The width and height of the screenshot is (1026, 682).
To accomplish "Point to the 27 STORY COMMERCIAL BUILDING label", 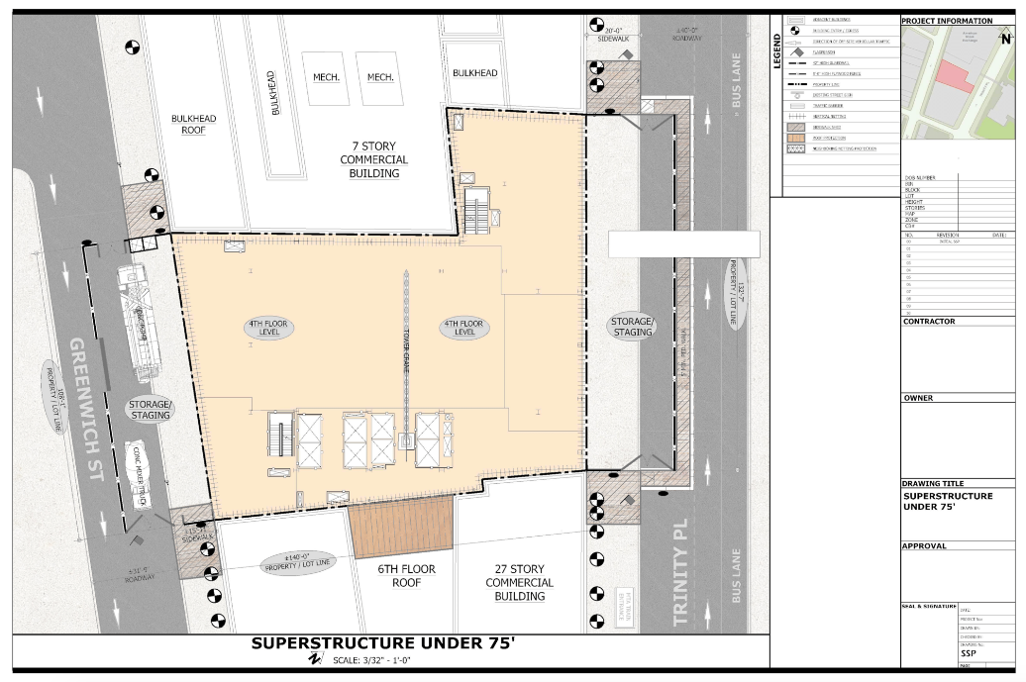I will coord(520,582).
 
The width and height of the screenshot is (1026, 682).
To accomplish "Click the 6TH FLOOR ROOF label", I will coord(401,576).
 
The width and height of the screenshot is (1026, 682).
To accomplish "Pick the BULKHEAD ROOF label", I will coord(193,124).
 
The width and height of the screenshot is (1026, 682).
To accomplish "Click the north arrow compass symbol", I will coord(1005,33).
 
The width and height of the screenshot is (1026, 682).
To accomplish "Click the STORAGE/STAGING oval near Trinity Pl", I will coord(632,327).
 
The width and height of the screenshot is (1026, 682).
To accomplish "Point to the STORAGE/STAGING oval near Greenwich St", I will coord(150,409).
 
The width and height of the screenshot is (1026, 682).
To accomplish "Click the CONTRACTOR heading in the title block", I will coord(929,322).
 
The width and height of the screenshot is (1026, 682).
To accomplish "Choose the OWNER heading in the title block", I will coord(918,398).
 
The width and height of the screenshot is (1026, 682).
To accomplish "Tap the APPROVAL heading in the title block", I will coord(924,545).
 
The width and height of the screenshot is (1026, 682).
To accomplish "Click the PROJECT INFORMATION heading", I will coord(947,21).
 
